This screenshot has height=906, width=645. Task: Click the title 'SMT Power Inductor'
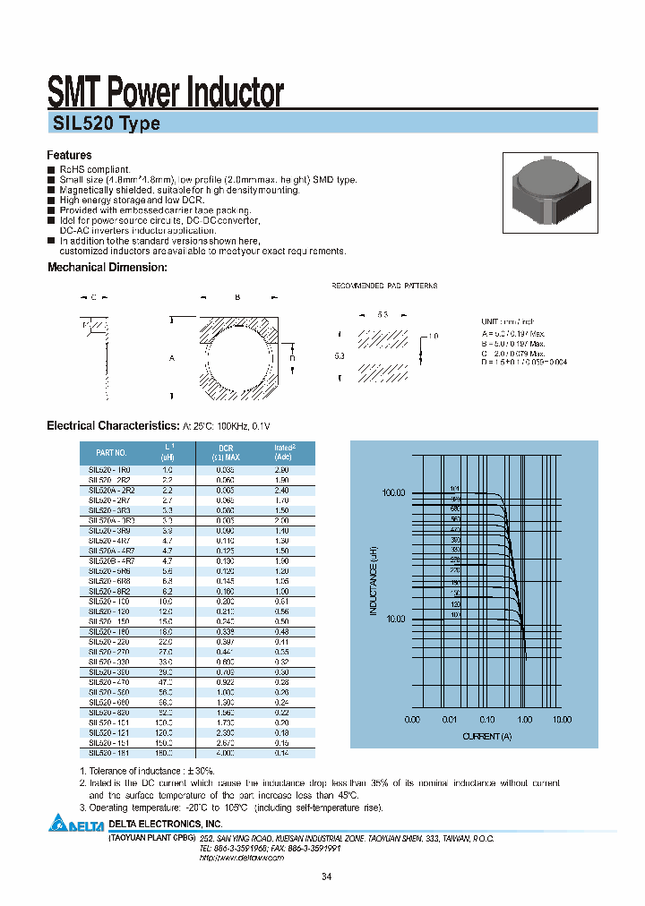point(165,92)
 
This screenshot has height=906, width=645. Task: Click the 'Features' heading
point(69,155)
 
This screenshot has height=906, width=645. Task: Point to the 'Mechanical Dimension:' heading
point(107,267)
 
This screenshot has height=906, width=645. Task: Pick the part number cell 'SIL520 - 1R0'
point(109,469)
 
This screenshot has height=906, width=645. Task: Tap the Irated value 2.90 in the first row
point(280,469)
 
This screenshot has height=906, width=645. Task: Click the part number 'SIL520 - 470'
point(109,682)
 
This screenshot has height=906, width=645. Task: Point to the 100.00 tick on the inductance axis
point(394,493)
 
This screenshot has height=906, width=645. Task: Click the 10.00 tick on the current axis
point(562,719)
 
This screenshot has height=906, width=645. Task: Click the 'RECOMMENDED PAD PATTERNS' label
point(384,286)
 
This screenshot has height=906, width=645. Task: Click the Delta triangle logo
point(58,823)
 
